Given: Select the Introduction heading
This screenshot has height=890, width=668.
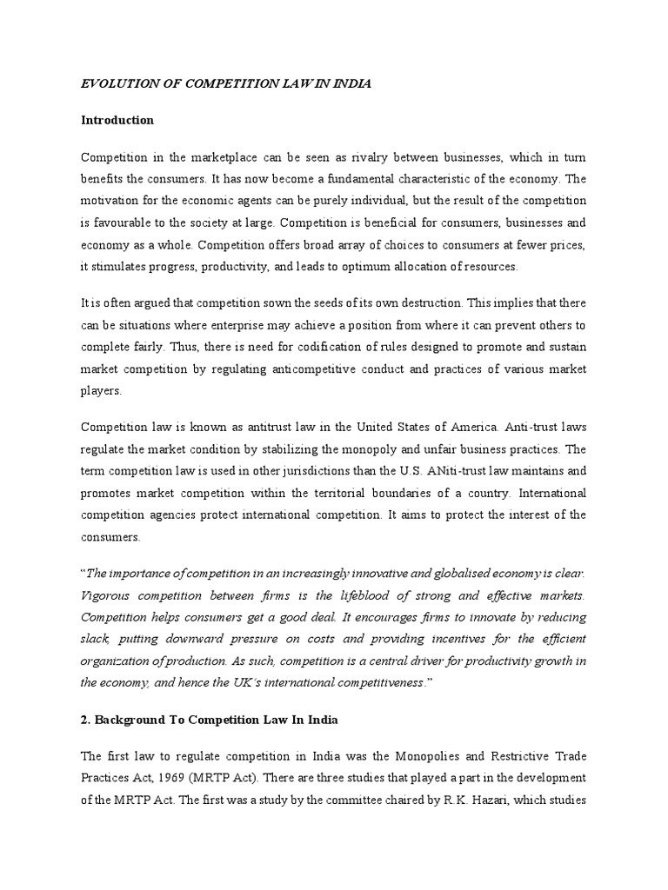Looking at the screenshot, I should (117, 120).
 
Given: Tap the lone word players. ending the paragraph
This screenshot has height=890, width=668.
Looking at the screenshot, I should (100, 392).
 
